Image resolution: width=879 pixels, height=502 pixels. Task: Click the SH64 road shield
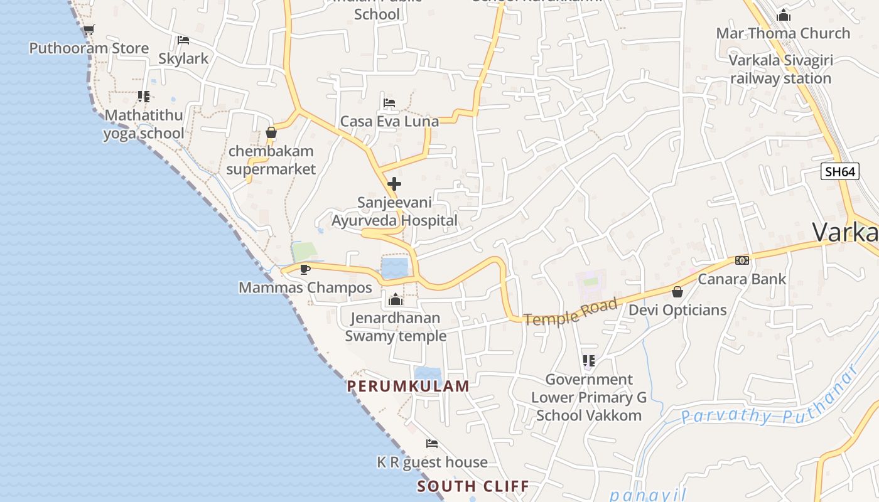839,171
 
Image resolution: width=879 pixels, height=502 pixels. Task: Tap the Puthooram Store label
89,48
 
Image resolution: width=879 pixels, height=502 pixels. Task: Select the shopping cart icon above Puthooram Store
89,29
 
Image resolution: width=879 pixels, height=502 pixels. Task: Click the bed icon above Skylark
183,40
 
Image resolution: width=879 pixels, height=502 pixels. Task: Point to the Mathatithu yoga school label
144,124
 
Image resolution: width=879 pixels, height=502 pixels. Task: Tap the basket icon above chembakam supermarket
271,133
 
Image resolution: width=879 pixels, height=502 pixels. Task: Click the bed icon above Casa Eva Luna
389,103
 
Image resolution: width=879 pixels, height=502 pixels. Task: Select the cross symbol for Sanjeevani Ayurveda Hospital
394,184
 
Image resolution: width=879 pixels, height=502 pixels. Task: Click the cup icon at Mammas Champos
305,270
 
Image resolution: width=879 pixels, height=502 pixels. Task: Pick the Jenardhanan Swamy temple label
396,327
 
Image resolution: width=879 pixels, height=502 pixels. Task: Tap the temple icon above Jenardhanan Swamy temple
396,300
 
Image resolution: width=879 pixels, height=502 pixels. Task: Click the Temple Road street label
571,312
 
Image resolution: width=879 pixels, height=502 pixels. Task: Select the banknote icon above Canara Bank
742,260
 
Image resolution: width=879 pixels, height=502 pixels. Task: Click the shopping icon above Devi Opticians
677,292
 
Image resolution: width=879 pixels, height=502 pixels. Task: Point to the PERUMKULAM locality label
408,387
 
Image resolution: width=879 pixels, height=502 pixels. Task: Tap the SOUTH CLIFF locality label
473,486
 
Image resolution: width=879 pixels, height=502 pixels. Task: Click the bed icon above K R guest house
432,444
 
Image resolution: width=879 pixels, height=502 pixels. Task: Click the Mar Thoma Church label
783,33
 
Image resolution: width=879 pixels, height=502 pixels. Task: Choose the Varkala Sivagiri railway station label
780,70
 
